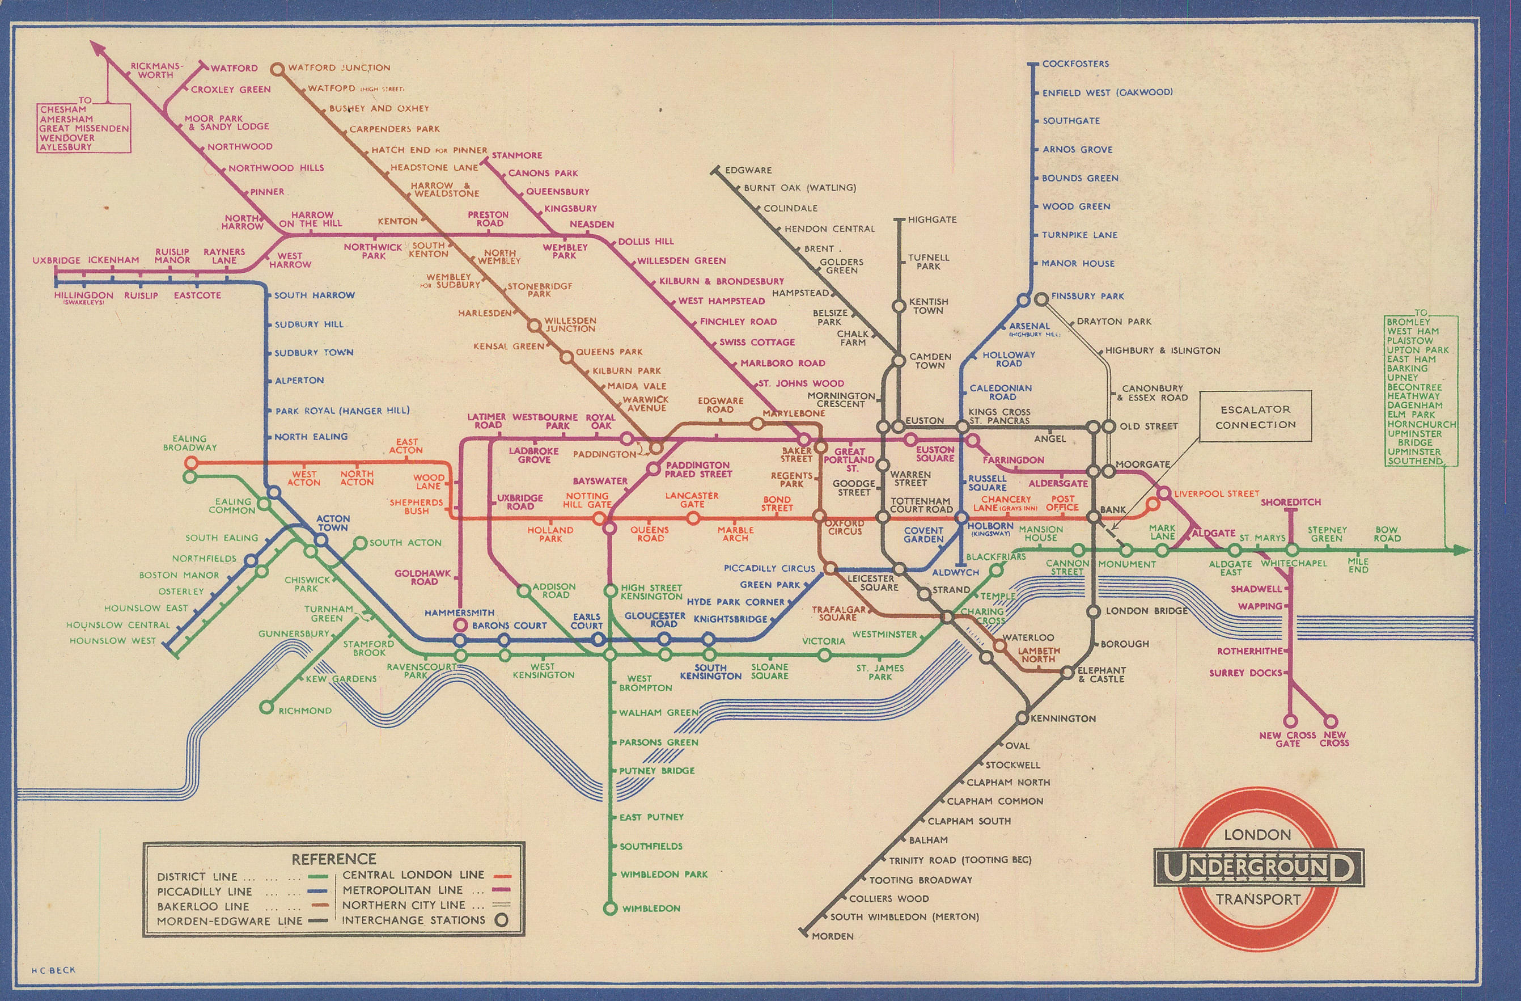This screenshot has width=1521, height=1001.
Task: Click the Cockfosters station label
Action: click(x=1075, y=64)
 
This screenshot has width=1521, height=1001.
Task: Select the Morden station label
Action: click(x=832, y=936)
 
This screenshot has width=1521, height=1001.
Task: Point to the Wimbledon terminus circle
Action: click(x=611, y=907)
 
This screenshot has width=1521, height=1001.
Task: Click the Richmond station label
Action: click(x=305, y=710)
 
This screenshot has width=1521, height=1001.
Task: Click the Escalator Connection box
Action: click(x=1255, y=417)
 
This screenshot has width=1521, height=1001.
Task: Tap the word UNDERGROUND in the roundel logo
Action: click(x=1258, y=867)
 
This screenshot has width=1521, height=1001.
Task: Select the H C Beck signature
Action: click(x=54, y=970)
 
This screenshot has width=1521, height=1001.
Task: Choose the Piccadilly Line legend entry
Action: click(x=205, y=891)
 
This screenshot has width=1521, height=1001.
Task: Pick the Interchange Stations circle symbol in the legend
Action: click(x=502, y=920)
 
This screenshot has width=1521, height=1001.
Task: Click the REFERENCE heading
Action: click(x=333, y=859)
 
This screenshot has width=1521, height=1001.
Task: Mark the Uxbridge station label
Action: click(x=56, y=260)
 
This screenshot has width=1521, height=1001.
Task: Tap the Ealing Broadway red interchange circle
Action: click(x=190, y=463)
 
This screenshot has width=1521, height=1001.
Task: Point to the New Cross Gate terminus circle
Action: click(x=1289, y=720)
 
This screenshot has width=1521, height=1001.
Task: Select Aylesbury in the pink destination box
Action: click(x=66, y=147)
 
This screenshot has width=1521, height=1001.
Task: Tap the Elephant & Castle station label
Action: click(x=1101, y=674)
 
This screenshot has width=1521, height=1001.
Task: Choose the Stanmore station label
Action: click(x=516, y=155)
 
